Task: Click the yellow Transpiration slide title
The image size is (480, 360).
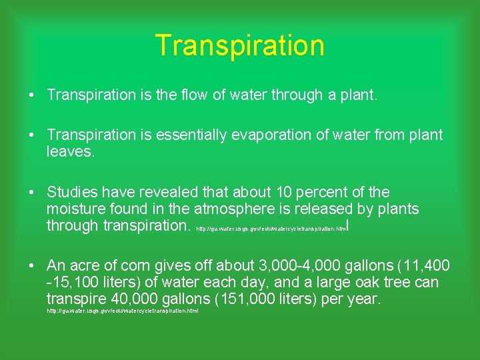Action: [x=239, y=45]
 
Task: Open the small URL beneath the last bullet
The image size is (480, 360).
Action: [x=122, y=311]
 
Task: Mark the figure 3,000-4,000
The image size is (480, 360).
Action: [x=283, y=266]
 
